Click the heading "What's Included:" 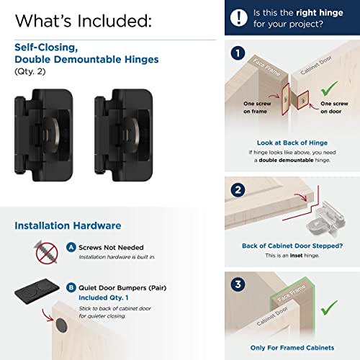point(83,19)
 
